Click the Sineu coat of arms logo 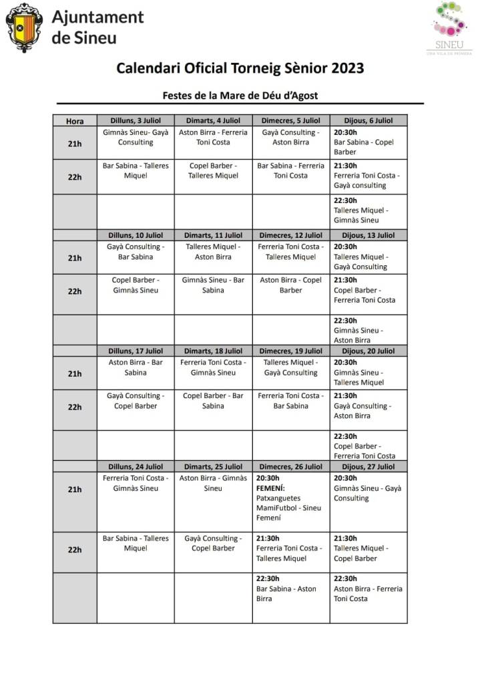click(x=24, y=27)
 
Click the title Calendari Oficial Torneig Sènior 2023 click(x=240, y=68)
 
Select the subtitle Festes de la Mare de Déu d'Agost click(x=240, y=96)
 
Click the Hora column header click(x=75, y=121)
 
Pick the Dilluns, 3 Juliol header click(x=136, y=120)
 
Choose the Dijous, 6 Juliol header click(x=369, y=120)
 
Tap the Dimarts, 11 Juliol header click(x=213, y=235)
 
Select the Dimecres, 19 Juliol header click(x=291, y=351)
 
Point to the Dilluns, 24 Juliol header click(x=136, y=466)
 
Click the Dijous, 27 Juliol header click(x=369, y=466)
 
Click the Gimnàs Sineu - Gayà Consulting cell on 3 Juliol click(x=136, y=138)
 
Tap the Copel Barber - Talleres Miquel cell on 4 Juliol click(x=213, y=171)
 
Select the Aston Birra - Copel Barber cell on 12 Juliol click(x=291, y=285)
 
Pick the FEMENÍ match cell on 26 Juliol click(x=291, y=498)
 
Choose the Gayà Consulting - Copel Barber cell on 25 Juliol click(x=213, y=543)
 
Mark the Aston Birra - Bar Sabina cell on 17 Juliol click(x=136, y=367)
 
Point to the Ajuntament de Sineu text click(x=97, y=27)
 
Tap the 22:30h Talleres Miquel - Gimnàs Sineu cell click(x=369, y=210)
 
